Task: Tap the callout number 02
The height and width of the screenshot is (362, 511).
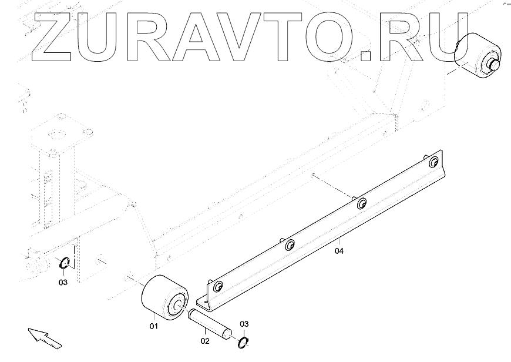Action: [x=204, y=339]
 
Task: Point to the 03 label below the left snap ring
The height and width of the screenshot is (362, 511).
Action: [x=63, y=282]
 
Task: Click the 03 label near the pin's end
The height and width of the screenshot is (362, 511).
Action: [x=244, y=324]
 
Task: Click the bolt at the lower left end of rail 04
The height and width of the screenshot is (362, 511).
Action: [x=218, y=287]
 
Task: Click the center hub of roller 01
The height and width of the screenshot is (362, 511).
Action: [x=175, y=304]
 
